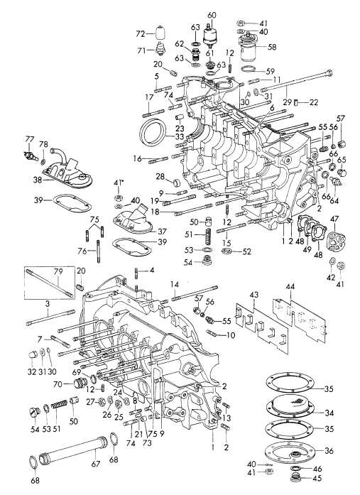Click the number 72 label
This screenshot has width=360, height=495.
click(141, 33)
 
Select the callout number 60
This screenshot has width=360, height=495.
click(212, 16)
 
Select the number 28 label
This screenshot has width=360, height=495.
click(160, 176)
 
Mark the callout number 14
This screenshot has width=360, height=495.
click(173, 284)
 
